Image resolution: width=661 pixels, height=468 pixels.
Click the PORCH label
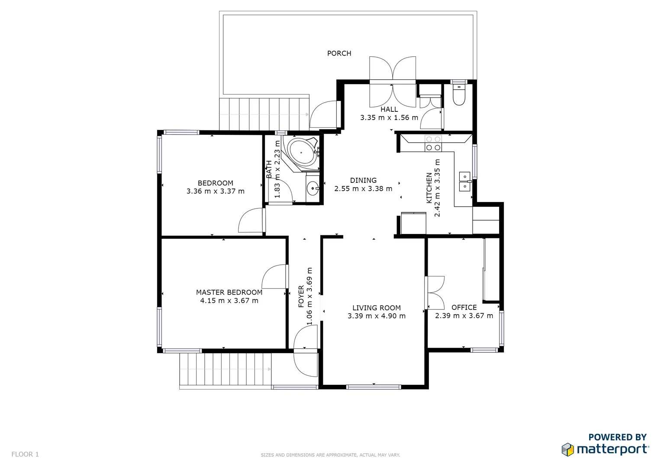[x=339, y=53]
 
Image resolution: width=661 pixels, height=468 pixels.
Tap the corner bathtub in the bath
[x=302, y=152]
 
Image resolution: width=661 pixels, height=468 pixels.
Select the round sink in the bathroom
[x=312, y=188]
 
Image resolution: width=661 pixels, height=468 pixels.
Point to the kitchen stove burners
[x=433, y=143]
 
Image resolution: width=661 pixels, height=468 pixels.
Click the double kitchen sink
[x=464, y=182]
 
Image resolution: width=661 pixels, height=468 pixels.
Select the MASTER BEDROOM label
[x=229, y=292]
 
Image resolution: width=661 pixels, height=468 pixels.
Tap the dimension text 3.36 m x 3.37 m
[x=215, y=191]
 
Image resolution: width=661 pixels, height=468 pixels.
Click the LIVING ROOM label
[x=376, y=308]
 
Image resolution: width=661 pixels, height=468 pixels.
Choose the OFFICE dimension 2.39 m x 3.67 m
[x=464, y=316]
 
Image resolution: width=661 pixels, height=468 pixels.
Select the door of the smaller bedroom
[x=252, y=221]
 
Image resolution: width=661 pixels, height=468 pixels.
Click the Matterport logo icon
[x=568, y=449]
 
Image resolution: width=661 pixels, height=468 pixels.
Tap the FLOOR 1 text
[x=25, y=454]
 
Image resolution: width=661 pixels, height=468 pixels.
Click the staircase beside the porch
[x=264, y=114]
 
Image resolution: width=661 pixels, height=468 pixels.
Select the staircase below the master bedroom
[x=225, y=369]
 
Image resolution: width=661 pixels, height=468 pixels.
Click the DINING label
[x=363, y=180]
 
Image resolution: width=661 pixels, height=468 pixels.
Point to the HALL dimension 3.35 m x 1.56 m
[x=389, y=117]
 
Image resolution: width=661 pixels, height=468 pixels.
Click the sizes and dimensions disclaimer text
[x=330, y=455]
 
